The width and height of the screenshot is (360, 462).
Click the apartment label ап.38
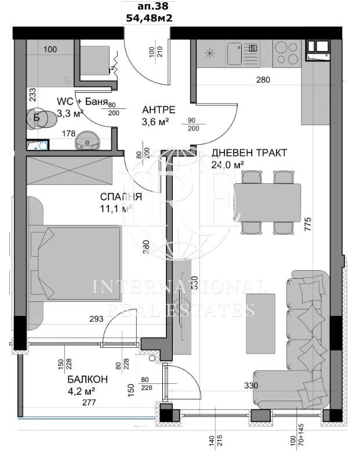150,6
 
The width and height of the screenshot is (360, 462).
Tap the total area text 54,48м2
150,18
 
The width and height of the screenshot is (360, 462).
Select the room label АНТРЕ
159,110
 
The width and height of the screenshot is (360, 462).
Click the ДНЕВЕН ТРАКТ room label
249,153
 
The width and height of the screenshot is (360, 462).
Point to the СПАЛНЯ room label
121,197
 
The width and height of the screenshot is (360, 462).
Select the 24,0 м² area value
227,165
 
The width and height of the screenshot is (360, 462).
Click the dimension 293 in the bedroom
96,318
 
